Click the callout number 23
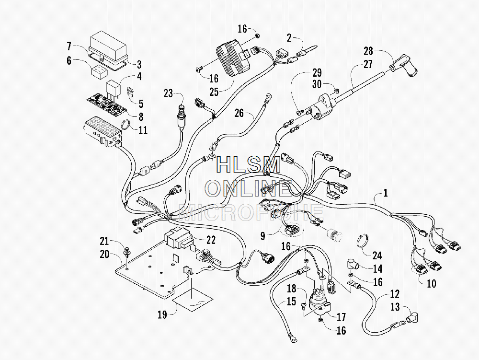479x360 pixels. pyautogui.click(x=168, y=93)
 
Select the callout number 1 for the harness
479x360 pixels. pyautogui.click(x=386, y=193)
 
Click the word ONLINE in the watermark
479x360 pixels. pyautogui.click(x=248, y=189)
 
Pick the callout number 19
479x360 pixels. pyautogui.click(x=162, y=314)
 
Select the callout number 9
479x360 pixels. pyautogui.click(x=262, y=236)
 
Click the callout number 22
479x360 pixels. pyautogui.click(x=211, y=240)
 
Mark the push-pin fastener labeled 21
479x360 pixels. pyautogui.click(x=126, y=252)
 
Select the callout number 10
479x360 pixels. pyautogui.click(x=431, y=284)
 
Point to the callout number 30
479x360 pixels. pyautogui.click(x=317, y=84)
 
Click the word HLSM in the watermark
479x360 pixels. pyautogui.click(x=248, y=165)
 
